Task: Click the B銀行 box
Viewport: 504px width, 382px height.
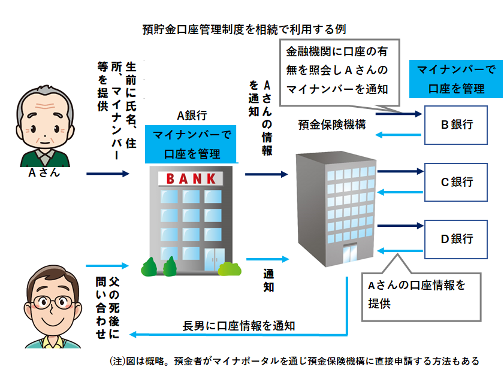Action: [x=457, y=125]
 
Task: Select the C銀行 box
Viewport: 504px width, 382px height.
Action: [x=457, y=181]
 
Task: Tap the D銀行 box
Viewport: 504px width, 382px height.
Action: [x=457, y=239]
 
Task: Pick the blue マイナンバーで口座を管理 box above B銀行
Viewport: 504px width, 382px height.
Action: [x=456, y=79]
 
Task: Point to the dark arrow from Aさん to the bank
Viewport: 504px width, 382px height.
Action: [x=108, y=174]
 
